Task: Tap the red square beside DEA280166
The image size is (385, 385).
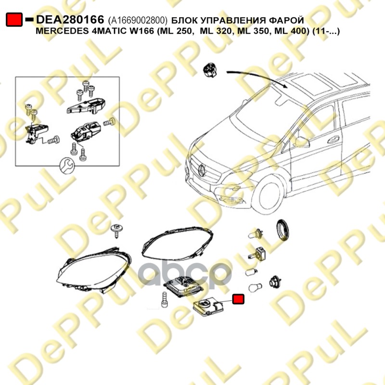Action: tap(14, 20)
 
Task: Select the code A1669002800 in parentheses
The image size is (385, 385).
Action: tap(138, 20)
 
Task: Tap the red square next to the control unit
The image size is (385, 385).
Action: tap(238, 299)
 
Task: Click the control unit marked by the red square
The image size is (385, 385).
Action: tap(210, 307)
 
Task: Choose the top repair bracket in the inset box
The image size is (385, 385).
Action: tap(87, 104)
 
